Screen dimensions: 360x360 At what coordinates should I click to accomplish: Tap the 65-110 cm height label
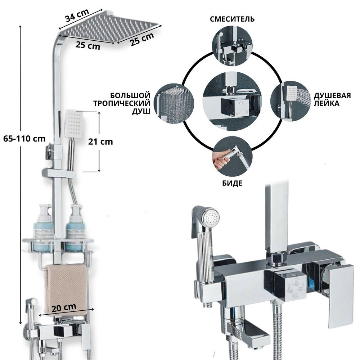click(24, 139)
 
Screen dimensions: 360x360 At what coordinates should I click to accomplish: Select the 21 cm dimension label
click(100, 141)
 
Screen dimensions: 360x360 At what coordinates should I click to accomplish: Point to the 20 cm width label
click(64, 308)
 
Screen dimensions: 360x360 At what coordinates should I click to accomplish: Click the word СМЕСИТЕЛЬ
click(232, 19)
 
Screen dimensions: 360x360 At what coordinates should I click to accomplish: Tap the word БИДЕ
click(232, 183)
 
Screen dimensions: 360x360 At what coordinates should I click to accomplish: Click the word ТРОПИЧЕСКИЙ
click(122, 103)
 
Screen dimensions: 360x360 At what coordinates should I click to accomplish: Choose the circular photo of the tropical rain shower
click(174, 104)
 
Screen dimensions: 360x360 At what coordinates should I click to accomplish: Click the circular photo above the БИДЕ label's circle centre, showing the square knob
click(232, 101)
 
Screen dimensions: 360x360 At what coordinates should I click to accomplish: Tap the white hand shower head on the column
click(73, 123)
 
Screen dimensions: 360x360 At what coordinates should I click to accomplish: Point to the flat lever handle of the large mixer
click(341, 296)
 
